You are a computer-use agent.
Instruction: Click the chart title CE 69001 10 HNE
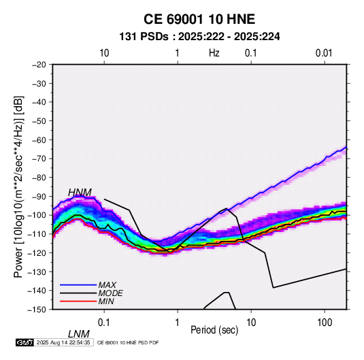(199, 19)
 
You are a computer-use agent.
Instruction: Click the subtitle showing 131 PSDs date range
(199, 37)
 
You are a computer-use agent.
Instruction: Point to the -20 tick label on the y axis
(39, 65)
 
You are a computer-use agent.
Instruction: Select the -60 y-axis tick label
(39, 140)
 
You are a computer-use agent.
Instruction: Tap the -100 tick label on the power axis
(37, 215)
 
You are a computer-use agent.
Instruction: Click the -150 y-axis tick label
(37, 310)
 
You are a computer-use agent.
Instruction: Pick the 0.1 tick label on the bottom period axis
(104, 323)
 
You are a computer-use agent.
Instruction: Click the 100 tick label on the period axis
(325, 323)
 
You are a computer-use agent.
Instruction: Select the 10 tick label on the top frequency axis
(104, 53)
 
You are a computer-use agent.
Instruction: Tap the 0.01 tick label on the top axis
(324, 53)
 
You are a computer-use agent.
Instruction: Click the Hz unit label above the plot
(214, 53)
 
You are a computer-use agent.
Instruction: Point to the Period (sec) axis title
(214, 330)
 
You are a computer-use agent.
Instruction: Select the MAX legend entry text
(107, 285)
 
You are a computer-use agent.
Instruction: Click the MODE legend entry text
(110, 293)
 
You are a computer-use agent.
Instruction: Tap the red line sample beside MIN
(78, 301)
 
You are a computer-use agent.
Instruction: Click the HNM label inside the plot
(80, 193)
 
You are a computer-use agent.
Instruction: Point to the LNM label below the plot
(79, 334)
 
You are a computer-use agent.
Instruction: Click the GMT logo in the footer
(25, 342)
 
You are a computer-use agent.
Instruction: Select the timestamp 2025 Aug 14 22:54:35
(63, 342)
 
